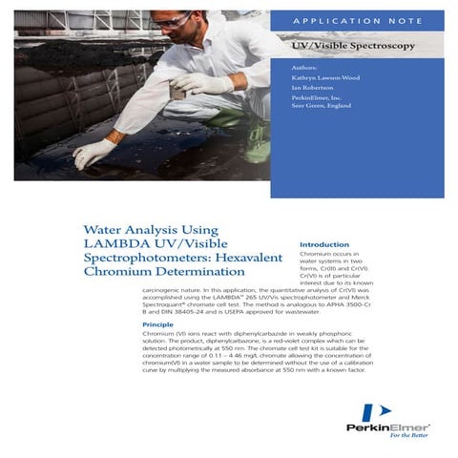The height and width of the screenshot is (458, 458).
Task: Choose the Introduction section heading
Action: pyautogui.click(x=324, y=244)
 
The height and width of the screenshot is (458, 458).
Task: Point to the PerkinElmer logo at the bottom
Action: pyautogui.click(x=386, y=427)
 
